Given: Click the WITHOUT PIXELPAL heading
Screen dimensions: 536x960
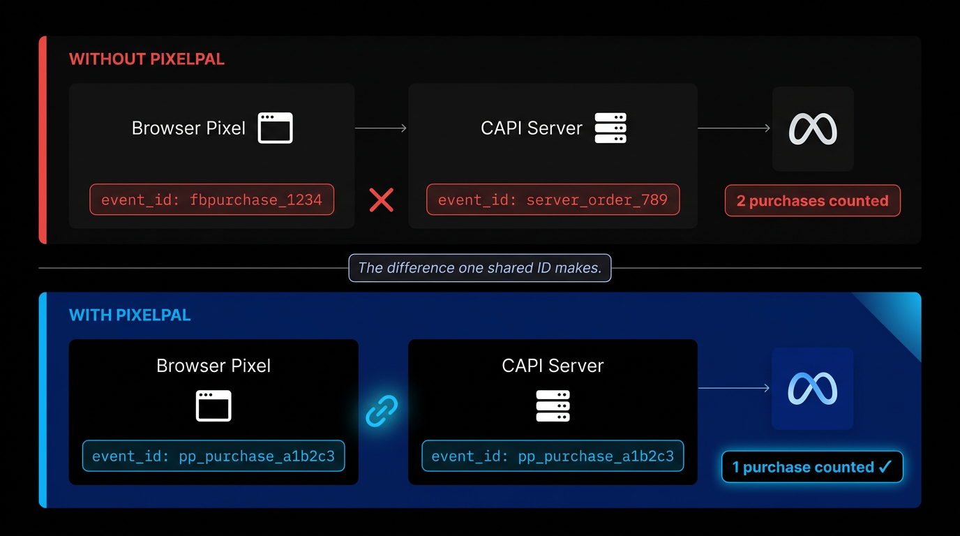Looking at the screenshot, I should coord(147,59).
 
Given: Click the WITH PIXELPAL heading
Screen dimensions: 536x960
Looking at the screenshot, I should coord(130,315).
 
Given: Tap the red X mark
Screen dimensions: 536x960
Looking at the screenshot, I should coord(381,200).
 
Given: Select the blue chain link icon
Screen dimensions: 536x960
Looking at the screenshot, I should coord(382,411).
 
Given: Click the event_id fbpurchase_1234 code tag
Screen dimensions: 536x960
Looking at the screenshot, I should coord(211,200).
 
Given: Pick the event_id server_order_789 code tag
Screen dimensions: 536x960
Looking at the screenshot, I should coord(553,200).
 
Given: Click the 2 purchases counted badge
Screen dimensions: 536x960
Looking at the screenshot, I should coord(812,201).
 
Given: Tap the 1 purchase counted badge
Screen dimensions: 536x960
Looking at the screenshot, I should coord(811,468).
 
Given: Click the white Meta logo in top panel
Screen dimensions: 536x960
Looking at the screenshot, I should coord(813,129).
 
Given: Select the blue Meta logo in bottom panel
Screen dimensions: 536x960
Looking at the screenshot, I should coord(812,389).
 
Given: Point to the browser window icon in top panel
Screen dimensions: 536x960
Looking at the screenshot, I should coord(275,128).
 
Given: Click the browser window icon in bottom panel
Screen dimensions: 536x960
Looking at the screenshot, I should coord(213,406).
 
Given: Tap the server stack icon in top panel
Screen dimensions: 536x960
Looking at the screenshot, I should coord(610,128).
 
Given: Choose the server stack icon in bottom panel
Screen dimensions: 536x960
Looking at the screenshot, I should coord(553,406).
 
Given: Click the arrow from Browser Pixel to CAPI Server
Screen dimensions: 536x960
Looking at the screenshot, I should coord(381,128).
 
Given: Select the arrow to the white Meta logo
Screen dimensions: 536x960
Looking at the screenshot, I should coord(734,128).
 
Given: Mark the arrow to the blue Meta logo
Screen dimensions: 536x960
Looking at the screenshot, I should coord(734,388).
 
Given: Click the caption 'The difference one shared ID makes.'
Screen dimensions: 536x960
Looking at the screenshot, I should coord(479,268).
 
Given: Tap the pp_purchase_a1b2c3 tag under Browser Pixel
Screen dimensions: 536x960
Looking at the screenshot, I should coord(213,456).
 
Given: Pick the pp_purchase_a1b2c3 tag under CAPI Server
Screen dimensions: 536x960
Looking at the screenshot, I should coord(553,456).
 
